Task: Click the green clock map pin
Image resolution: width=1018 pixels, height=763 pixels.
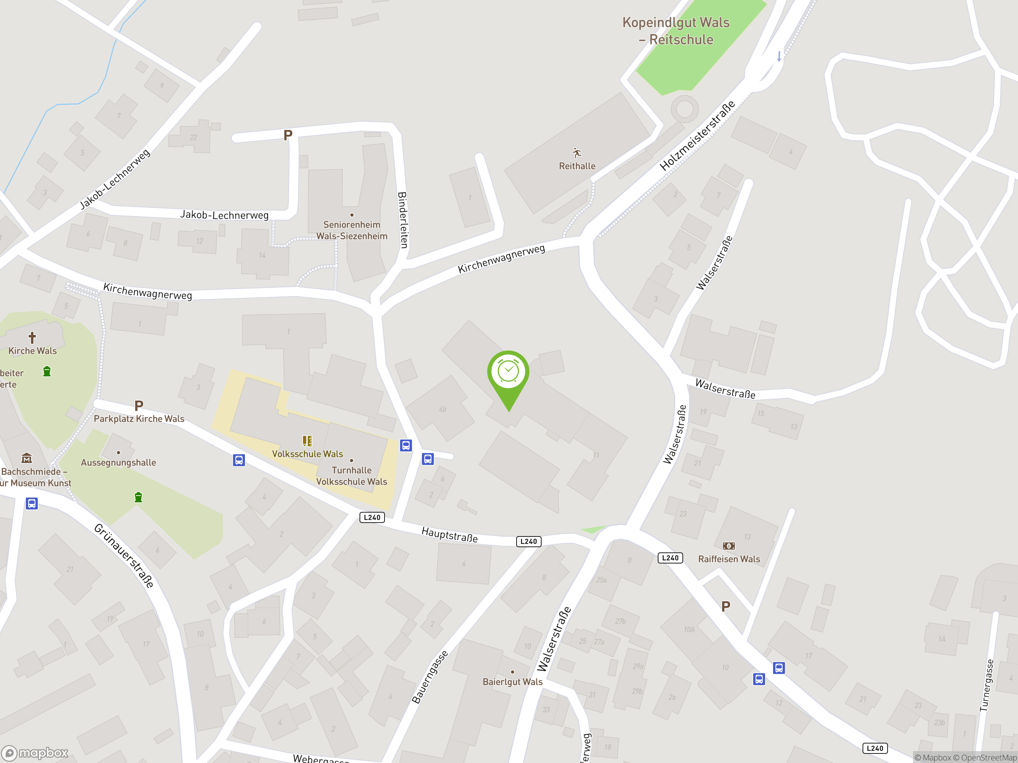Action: pos(508,372)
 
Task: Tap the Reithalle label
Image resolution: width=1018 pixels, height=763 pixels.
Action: pos(577,166)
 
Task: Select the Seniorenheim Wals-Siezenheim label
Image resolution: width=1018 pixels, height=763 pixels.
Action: pos(352,230)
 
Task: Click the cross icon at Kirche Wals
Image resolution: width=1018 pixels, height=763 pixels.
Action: pos(32,338)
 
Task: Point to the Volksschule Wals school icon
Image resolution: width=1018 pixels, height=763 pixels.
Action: pos(307,441)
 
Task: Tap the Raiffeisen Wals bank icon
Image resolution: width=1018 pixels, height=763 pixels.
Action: pos(729,546)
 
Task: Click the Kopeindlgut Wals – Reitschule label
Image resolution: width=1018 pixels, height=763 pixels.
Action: pos(676,31)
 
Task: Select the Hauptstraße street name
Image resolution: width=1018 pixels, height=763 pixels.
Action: pos(450,535)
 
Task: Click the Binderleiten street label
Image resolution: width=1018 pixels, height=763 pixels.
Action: pos(403,220)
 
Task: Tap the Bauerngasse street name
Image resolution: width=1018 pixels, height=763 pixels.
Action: pos(429,677)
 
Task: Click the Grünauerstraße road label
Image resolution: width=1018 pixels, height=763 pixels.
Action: pos(124,555)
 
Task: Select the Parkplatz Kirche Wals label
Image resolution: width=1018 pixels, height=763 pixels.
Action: pos(139,418)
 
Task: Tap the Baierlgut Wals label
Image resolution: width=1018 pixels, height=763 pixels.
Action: pos(513,682)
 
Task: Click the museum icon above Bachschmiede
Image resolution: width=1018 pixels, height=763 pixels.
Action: pos(27,458)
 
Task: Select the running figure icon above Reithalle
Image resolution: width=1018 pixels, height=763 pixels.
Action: pos(577,153)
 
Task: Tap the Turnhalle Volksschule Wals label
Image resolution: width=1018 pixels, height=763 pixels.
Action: pos(352,476)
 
